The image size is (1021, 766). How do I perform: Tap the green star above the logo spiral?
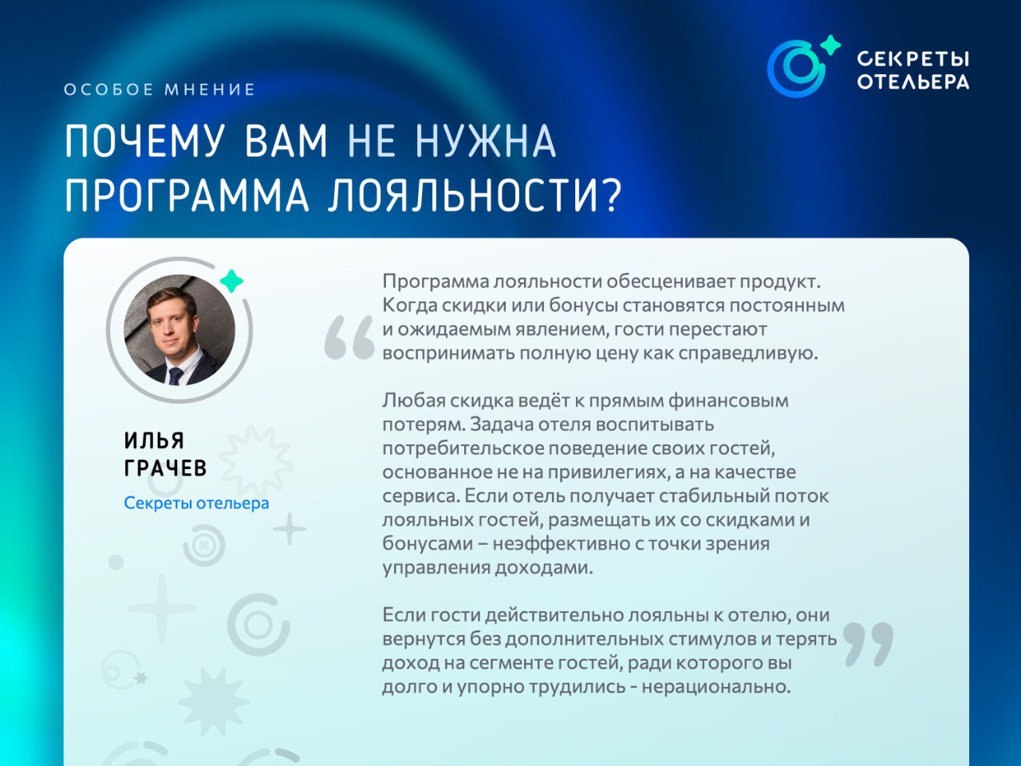[x=830, y=45]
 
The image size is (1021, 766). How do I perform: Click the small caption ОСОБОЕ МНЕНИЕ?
[x=160, y=89]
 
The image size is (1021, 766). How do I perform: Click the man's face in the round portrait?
[x=171, y=322]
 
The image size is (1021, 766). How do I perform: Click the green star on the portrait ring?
[x=231, y=281]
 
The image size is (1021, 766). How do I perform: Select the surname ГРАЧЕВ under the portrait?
[x=165, y=468]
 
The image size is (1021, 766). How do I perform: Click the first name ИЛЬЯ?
[x=154, y=440]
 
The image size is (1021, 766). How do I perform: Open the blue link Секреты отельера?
[x=196, y=503]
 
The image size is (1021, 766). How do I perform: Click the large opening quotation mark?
[x=349, y=338]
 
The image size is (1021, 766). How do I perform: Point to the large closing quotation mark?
[x=868, y=645]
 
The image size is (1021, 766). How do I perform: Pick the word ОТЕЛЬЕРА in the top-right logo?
[x=913, y=82]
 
